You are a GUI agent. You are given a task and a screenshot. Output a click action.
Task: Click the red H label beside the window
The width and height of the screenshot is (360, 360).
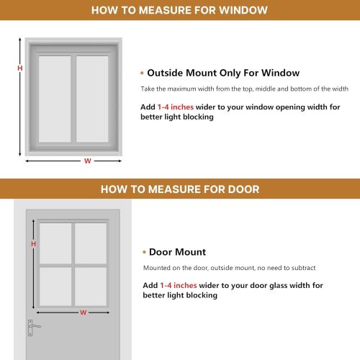[19, 68]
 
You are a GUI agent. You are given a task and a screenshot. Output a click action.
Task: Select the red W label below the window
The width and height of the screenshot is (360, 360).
[87, 161]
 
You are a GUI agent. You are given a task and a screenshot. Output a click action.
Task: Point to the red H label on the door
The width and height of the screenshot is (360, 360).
[33, 244]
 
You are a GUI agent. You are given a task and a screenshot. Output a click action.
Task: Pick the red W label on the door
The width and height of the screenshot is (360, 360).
[83, 312]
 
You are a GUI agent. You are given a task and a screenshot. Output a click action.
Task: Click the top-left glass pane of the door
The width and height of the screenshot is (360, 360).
[55, 243]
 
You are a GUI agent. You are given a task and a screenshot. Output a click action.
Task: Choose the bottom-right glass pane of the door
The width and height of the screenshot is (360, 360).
[91, 286]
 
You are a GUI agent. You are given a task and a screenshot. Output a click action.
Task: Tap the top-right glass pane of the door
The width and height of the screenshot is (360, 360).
[91, 243]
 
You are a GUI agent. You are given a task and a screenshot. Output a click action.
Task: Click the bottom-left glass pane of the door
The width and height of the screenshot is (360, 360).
[55, 286]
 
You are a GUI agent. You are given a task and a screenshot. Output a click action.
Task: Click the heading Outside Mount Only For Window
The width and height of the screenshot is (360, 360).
[223, 73]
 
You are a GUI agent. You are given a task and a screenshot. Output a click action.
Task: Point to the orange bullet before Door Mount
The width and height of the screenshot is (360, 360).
[143, 253]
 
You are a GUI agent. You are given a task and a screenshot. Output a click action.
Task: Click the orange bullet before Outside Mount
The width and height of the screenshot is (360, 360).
[143, 73]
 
